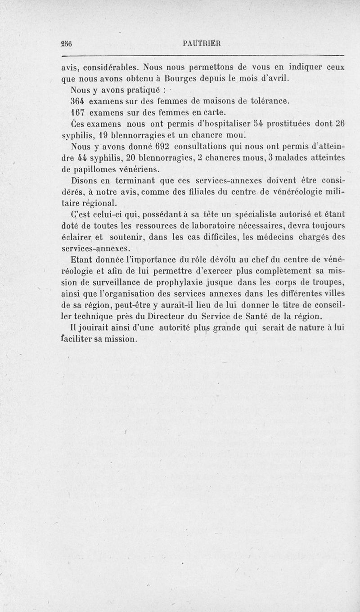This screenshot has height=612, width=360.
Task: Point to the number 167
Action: click(x=79, y=112)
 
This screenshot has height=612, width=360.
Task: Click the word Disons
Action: click(x=85, y=181)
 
